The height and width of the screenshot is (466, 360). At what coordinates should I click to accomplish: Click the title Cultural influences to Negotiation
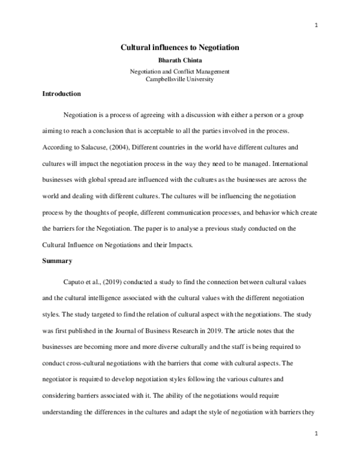pyautogui.click(x=179, y=46)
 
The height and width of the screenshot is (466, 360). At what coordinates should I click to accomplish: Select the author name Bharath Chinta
pyautogui.click(x=179, y=61)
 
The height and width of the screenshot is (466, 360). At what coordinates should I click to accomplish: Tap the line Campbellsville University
pyautogui.click(x=179, y=79)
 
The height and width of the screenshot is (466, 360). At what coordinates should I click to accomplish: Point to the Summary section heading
pyautogui.click(x=56, y=261)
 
